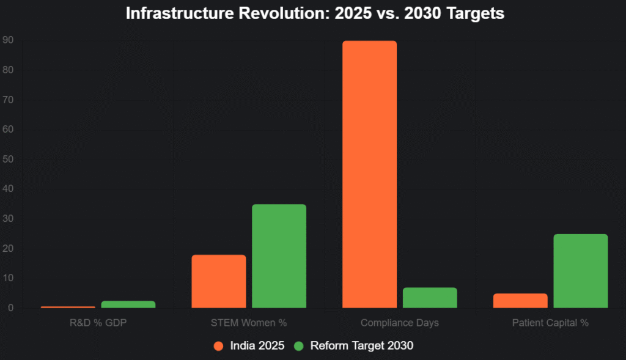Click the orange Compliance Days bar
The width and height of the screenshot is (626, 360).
[x=369, y=174]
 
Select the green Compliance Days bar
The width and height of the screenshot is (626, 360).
[x=430, y=298]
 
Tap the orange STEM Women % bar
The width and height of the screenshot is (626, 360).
[x=219, y=281]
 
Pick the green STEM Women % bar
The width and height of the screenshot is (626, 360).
[x=279, y=256]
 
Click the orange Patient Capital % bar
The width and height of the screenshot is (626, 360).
[x=520, y=301]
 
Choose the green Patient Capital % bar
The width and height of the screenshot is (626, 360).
[x=581, y=271]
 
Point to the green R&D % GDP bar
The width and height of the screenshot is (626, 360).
[x=128, y=304]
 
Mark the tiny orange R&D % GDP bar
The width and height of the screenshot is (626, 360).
[x=68, y=307]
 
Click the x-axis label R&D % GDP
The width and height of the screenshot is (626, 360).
[x=98, y=323]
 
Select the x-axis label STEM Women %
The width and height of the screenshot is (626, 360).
[x=249, y=323]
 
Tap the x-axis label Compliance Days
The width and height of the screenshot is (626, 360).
[x=400, y=323]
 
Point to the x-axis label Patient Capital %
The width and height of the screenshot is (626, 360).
[x=550, y=323]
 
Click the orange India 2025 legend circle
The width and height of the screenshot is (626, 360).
[x=218, y=346]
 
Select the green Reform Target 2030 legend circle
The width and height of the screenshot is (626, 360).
[x=298, y=346]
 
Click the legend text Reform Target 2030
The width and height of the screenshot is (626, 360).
[x=362, y=346]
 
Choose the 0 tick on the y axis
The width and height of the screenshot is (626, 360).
[x=10, y=308]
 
